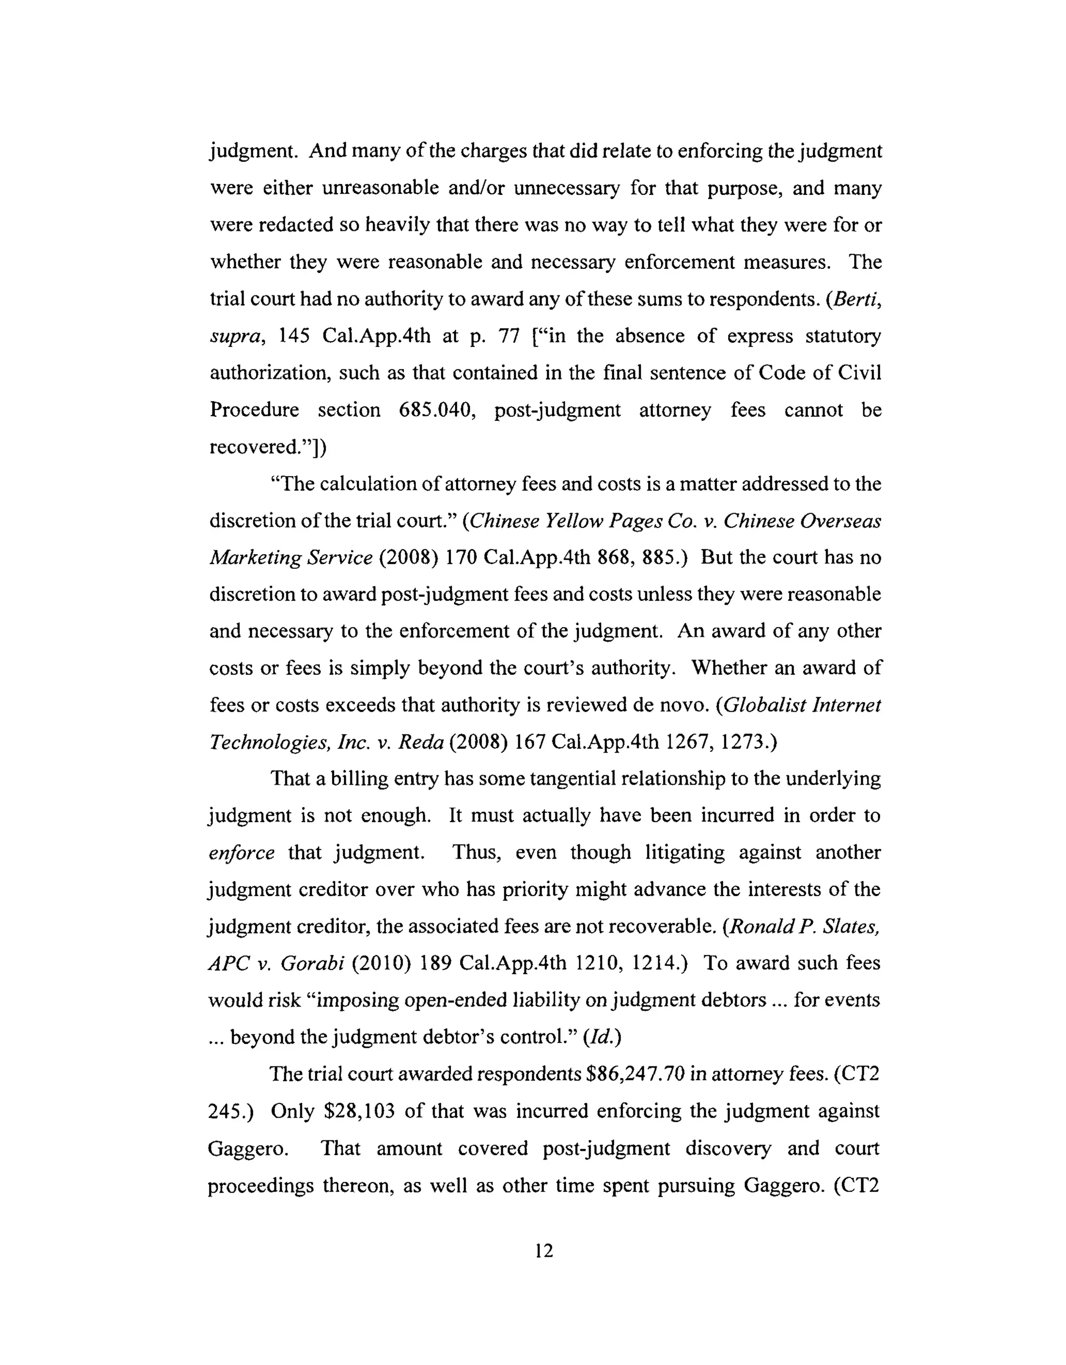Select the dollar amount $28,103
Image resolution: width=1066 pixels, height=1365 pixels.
point(360,1111)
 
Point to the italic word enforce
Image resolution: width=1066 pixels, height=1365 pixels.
point(241,852)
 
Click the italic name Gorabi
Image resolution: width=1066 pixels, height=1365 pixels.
point(312,963)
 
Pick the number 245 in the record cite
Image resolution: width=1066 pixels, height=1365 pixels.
point(227,1111)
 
